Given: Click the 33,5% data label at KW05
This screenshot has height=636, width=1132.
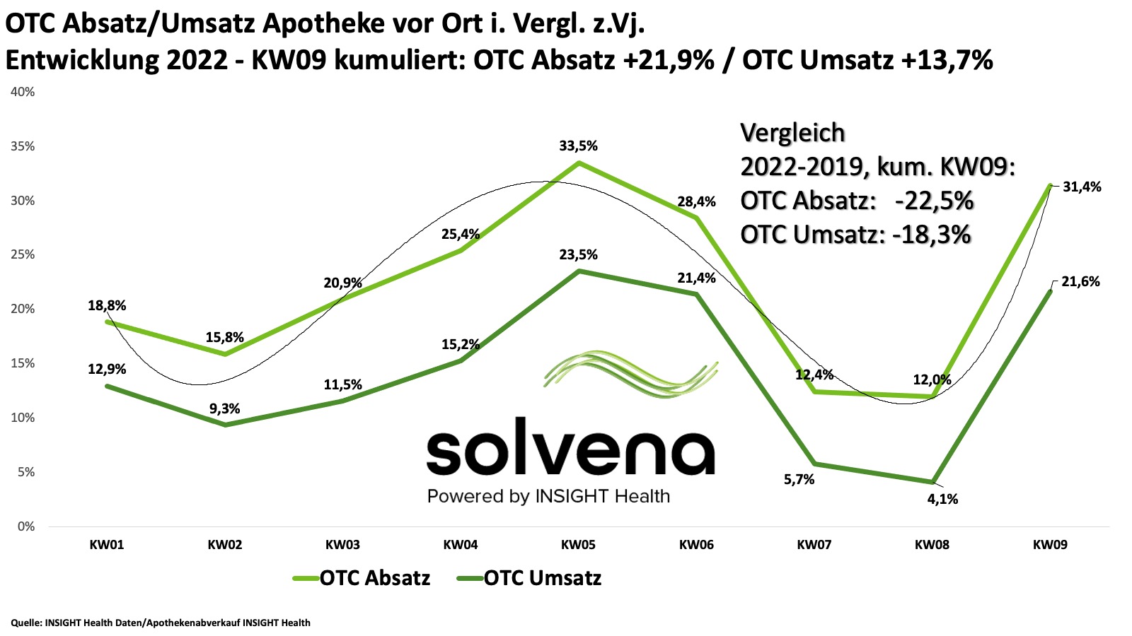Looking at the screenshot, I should (x=578, y=146).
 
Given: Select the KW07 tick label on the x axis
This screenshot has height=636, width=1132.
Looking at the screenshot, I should (x=814, y=545).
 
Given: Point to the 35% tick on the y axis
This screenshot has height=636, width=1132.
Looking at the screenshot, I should (x=21, y=146).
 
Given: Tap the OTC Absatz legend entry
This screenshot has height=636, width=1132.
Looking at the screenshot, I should (x=374, y=578).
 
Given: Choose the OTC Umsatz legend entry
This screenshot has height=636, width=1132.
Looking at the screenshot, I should (x=542, y=578).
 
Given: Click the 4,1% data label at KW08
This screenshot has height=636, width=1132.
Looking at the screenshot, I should (x=942, y=499).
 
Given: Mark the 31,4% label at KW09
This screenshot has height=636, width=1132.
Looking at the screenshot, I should (x=1081, y=187).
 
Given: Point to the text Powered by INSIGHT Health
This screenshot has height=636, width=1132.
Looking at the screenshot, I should (x=548, y=496).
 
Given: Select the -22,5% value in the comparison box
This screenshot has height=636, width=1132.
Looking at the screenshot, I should (x=934, y=201).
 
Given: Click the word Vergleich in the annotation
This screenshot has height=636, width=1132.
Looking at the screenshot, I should (x=792, y=133).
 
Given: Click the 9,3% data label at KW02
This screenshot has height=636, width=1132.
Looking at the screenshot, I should (x=224, y=408).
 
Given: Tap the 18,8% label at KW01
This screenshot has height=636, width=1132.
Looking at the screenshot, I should (x=107, y=305).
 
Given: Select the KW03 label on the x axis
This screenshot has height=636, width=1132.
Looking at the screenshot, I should (x=342, y=545).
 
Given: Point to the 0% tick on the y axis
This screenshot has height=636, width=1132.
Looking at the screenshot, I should (x=26, y=526).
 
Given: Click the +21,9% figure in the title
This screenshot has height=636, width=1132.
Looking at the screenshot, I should (x=669, y=60).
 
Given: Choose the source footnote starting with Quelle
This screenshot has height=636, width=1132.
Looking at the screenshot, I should (x=161, y=623).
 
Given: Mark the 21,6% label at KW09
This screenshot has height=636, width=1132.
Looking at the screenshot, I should (x=1081, y=281).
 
